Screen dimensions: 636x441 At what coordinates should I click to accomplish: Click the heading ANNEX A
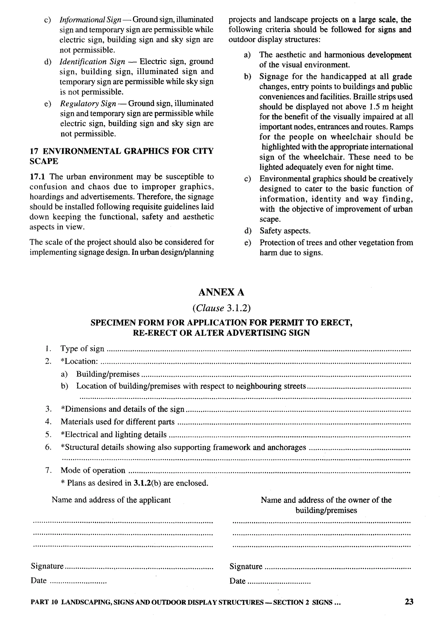click(x=221, y=292)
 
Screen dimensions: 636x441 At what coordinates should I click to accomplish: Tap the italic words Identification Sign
click(x=92, y=61)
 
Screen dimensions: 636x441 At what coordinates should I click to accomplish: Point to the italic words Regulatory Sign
click(x=88, y=103)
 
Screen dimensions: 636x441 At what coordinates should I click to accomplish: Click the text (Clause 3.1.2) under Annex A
click(x=221, y=308)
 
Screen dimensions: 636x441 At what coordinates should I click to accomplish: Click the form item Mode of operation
click(x=93, y=470)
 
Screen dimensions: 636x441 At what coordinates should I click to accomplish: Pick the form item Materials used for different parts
click(x=117, y=422)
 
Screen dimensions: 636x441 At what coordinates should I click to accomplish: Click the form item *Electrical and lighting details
click(x=113, y=434)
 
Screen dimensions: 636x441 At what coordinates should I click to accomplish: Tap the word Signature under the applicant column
click(x=47, y=566)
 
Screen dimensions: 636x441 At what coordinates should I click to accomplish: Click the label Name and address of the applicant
click(x=111, y=500)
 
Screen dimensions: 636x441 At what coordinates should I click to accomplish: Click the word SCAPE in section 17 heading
click(x=44, y=161)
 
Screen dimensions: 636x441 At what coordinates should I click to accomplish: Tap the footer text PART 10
click(x=44, y=602)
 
